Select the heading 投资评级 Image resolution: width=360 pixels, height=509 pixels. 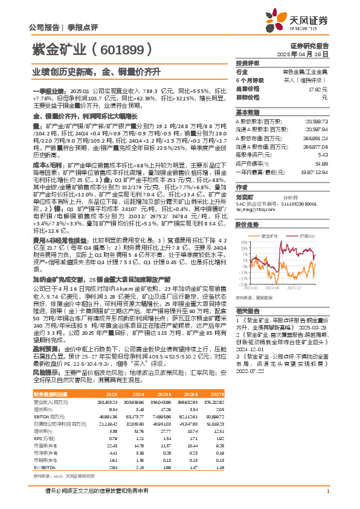click(x=248, y=63)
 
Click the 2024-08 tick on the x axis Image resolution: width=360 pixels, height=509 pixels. click(x=269, y=287)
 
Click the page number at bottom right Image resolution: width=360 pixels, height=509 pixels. click(x=327, y=490)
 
